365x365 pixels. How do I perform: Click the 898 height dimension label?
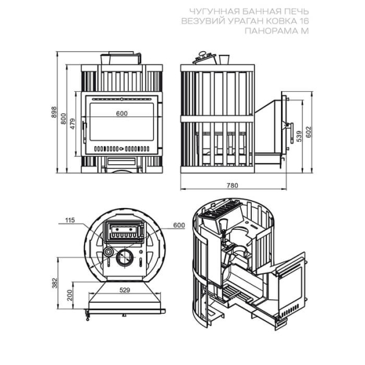point(54,112)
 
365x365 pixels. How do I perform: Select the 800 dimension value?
point(63,119)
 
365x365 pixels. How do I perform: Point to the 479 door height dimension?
point(73,124)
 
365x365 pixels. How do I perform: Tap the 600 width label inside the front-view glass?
point(122,113)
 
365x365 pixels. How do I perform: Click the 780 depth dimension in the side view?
point(232,186)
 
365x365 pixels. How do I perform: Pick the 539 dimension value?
point(299,136)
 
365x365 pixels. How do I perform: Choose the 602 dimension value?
point(308,132)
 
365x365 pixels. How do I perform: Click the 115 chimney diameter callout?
point(70,220)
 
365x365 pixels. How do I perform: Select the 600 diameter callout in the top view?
point(179,225)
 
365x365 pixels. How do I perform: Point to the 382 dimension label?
point(55,283)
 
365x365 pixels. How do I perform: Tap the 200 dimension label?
point(70,295)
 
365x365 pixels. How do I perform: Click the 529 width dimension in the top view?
point(125,290)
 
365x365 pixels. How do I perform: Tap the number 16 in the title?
point(304,21)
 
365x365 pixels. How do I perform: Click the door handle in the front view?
point(85,132)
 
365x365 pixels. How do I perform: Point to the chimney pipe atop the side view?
point(224,60)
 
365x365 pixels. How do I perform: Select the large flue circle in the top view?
point(125,258)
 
